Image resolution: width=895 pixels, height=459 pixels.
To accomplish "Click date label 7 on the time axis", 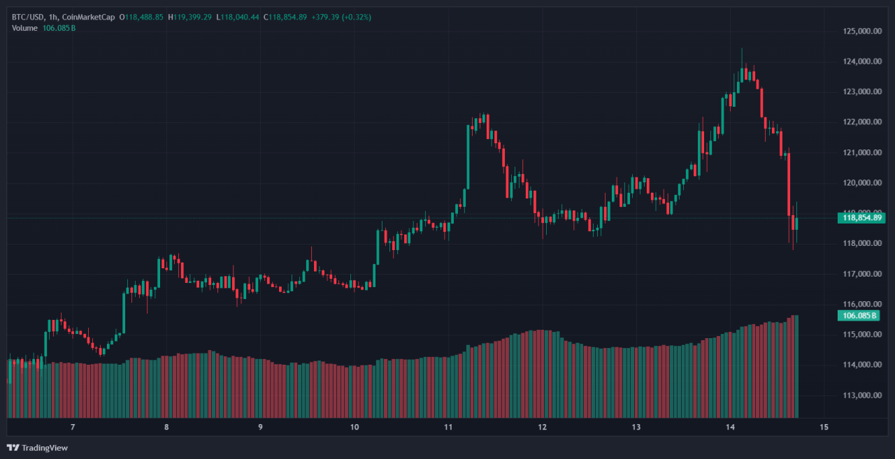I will [73, 427].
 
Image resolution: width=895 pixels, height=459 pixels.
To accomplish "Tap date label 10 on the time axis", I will [355, 427].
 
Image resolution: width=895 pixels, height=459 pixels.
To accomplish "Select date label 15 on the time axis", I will [824, 427].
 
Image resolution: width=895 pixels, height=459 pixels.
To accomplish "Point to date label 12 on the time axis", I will [543, 427].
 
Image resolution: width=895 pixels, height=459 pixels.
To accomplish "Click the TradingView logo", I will [38, 448].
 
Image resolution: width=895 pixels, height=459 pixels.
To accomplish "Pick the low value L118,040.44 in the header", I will [237, 17].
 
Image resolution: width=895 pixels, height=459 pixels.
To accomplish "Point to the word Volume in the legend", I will [25, 28].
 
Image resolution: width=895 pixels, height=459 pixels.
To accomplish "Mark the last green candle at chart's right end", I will [796, 224].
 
